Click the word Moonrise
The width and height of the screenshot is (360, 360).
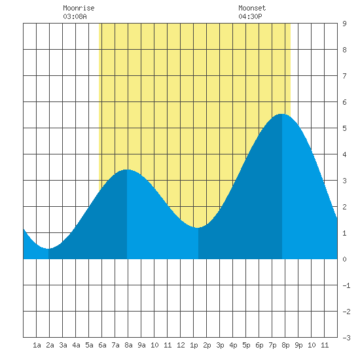(79, 8)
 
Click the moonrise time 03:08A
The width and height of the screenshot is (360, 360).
(75, 16)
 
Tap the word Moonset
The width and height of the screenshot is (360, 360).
(252, 8)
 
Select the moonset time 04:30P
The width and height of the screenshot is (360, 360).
(250, 16)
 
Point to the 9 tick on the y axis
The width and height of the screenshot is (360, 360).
(344, 24)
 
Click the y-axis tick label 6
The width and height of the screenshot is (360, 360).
(344, 102)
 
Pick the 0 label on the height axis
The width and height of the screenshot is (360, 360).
(344, 259)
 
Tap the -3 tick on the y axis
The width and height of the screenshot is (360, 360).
(346, 338)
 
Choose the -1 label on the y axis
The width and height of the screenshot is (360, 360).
(346, 285)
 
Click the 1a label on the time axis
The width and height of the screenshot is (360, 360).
(37, 345)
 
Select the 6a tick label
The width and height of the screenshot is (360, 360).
(102, 345)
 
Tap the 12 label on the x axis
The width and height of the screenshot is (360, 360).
(181, 345)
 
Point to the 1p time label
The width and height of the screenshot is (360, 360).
(194, 345)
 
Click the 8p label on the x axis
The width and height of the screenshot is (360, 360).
(285, 345)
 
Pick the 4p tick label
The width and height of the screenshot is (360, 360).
(233, 345)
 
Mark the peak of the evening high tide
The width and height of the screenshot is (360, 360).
(282, 114)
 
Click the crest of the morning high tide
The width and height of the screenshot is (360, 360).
(127, 170)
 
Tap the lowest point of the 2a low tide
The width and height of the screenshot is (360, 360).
(48, 249)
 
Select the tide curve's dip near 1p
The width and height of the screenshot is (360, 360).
(198, 228)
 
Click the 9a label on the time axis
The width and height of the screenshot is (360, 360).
(141, 345)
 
